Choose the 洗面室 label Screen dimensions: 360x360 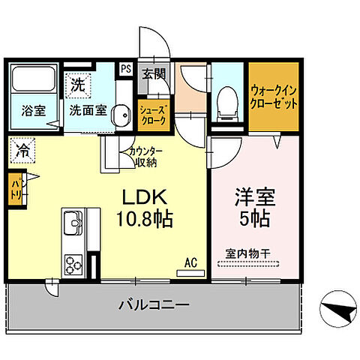coord(87,109)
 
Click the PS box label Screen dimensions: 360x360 coord(126,69)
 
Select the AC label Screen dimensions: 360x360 coord(191,262)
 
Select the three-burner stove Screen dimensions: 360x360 coord(73,265)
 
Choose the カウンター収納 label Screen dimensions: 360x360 coord(142,155)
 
